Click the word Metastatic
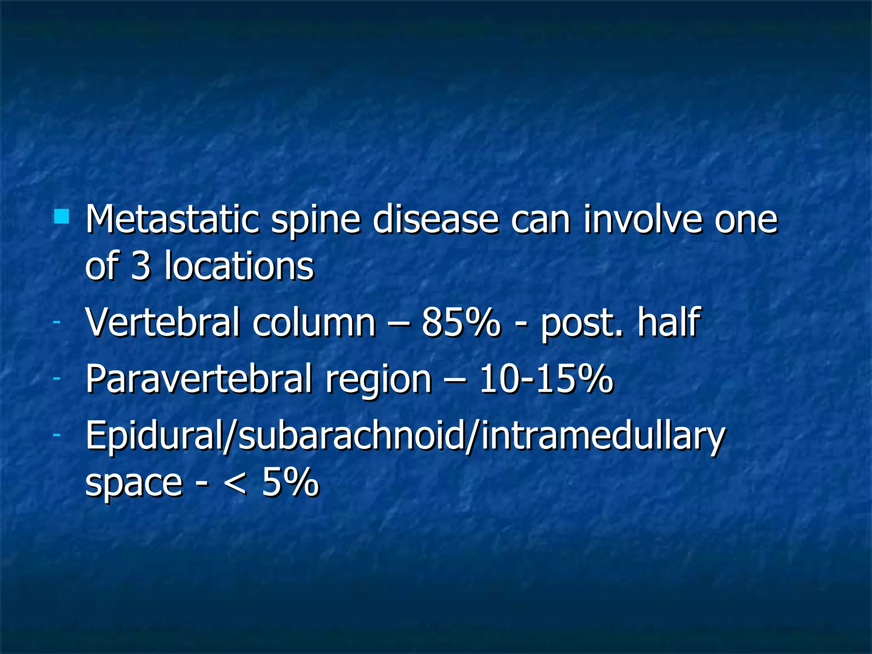(x=172, y=220)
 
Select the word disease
(x=435, y=220)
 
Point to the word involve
(x=642, y=220)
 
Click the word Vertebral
(x=162, y=323)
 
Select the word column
(x=314, y=323)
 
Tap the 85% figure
(x=461, y=323)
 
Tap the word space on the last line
(x=134, y=485)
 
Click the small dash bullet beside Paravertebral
(x=57, y=378)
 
